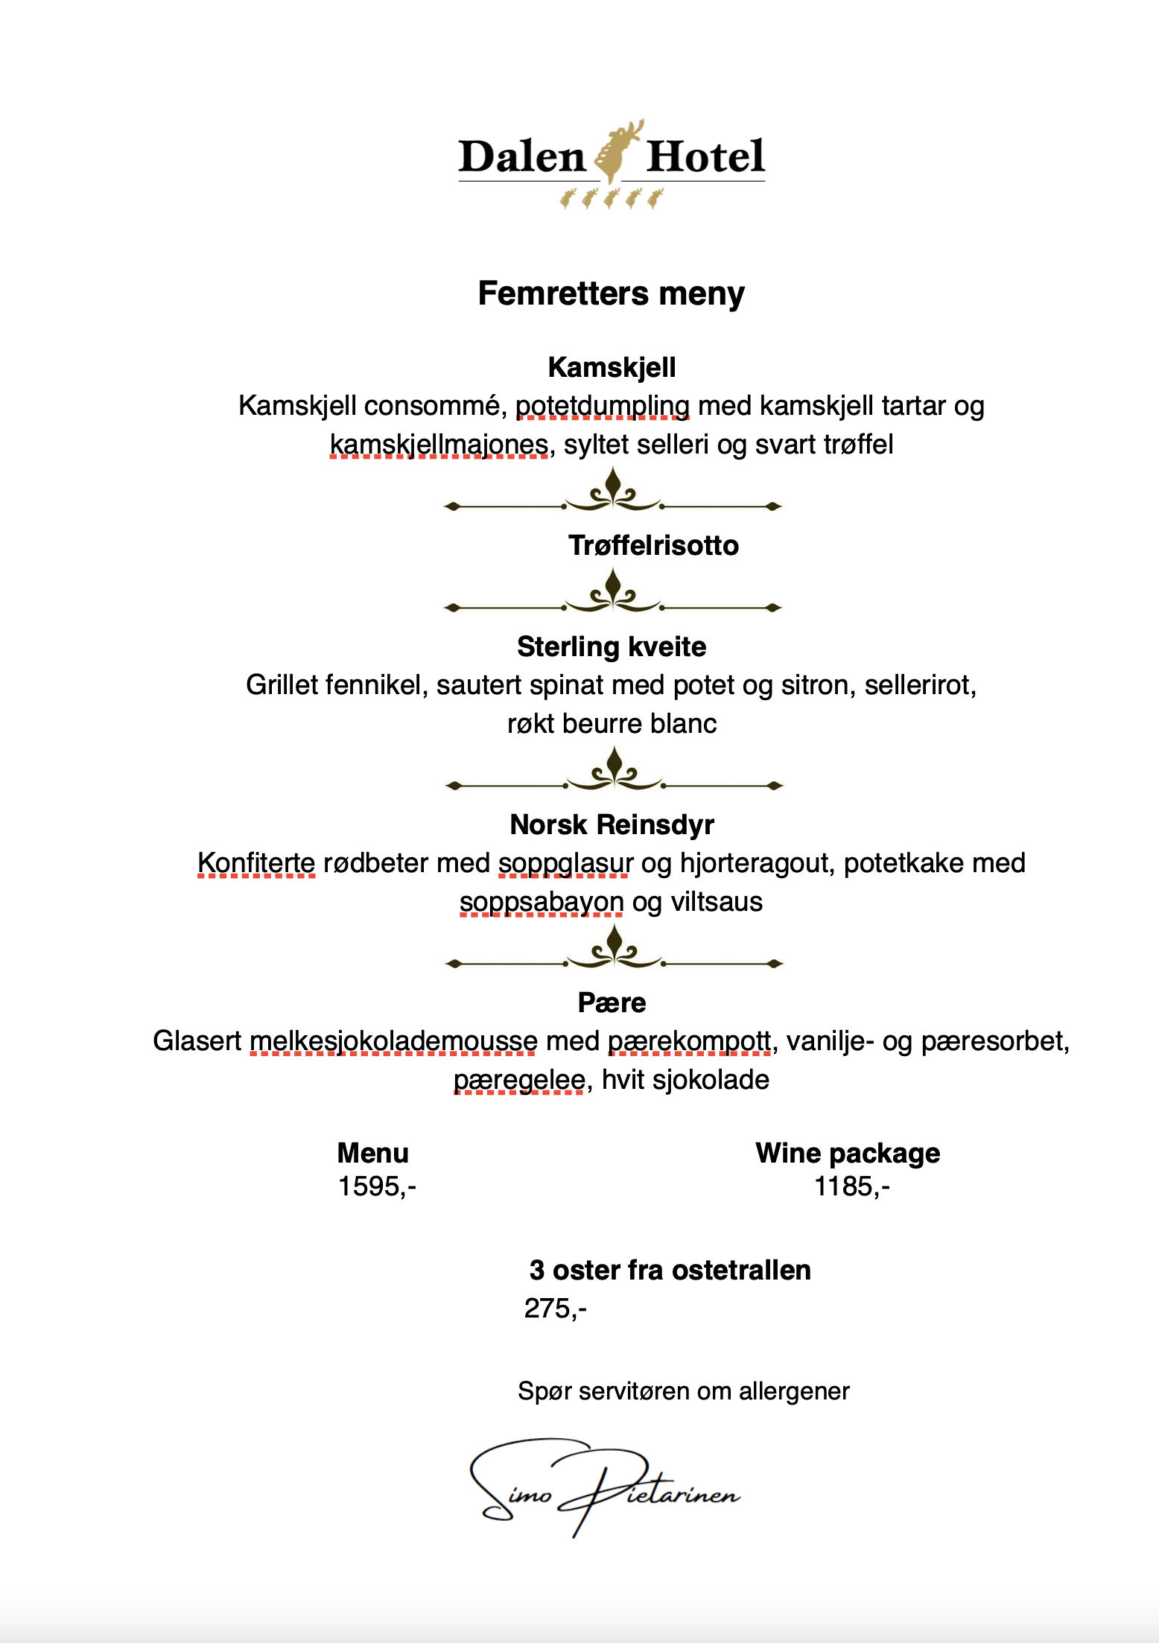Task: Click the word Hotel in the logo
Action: [x=705, y=156]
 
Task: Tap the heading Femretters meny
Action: [x=611, y=293]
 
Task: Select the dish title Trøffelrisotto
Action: [x=653, y=545]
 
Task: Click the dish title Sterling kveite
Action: [x=612, y=646]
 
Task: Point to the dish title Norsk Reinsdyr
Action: [x=612, y=824]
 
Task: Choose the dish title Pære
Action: [x=612, y=1002]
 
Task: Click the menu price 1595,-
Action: [x=377, y=1186]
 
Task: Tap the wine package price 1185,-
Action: [x=851, y=1186]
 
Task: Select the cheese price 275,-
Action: [x=556, y=1308]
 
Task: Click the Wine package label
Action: [x=848, y=1153]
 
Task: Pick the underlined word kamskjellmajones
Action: [x=439, y=445]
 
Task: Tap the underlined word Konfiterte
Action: [x=256, y=863]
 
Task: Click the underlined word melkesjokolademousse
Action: [x=393, y=1041]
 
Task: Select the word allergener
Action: [x=794, y=1391]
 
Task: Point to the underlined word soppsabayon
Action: [x=542, y=902]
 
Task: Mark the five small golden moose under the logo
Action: [x=612, y=199]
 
